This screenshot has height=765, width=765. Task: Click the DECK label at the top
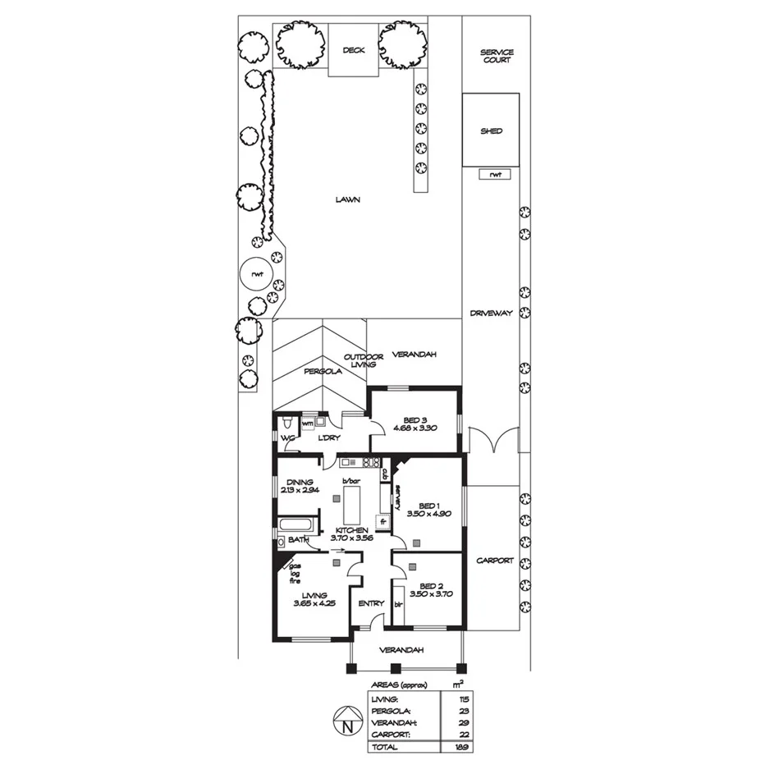click(x=353, y=50)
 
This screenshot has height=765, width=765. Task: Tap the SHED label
click(x=491, y=131)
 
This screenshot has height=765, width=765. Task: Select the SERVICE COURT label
click(x=497, y=56)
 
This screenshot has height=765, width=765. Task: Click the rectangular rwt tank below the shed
click(x=494, y=174)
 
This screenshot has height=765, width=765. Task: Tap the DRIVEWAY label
click(x=491, y=314)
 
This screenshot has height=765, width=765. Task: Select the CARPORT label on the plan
click(x=494, y=561)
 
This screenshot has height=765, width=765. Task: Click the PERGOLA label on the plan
click(x=322, y=371)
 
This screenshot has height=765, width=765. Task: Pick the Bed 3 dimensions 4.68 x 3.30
click(x=414, y=428)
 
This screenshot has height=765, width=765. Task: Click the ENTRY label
click(x=371, y=604)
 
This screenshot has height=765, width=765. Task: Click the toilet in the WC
click(x=285, y=424)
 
